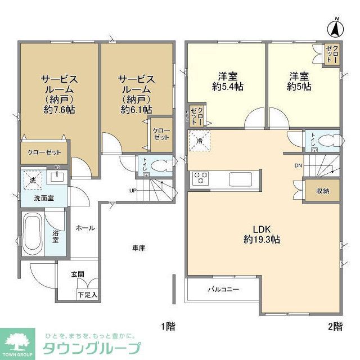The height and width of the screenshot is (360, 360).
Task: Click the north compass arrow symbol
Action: pos(335,27)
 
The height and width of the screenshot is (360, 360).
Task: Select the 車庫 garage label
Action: pos(140,248)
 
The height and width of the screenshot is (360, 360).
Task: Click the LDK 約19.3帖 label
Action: pos(262,234)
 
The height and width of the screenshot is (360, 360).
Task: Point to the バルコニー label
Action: pos(223,290)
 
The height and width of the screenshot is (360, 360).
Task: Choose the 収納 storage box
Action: pos(322,191)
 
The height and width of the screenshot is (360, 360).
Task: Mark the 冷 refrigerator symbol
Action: pos(199,139)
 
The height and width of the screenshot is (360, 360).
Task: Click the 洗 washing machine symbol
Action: pos(31,180)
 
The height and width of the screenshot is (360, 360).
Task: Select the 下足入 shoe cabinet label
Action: pos(88,294)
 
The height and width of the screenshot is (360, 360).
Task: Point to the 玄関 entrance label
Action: pos(78,274)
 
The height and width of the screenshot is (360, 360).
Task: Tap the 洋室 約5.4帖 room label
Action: pos(228,82)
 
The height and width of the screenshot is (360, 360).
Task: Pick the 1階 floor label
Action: pos(167,326)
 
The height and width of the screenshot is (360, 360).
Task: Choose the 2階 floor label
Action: pos(335,326)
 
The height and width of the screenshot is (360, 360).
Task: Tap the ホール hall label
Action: pos(85,228)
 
